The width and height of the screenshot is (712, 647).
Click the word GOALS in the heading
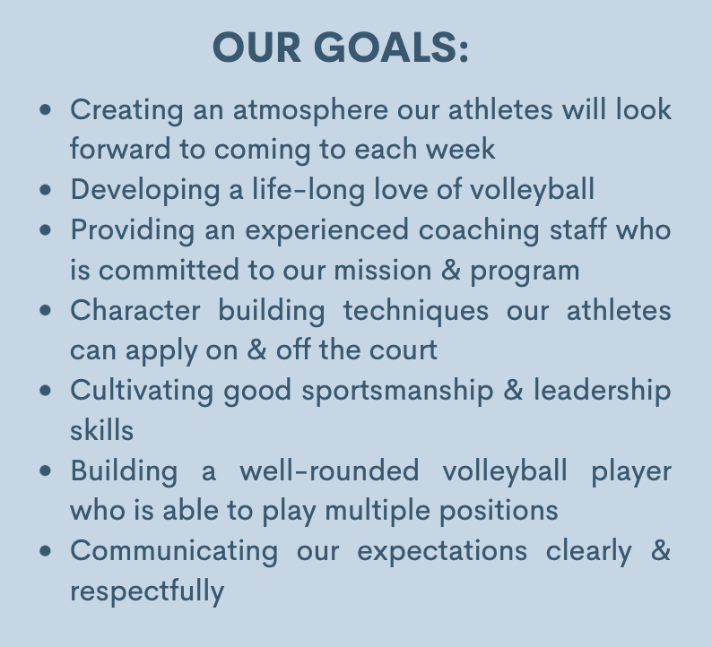391,47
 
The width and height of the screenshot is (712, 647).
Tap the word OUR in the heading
256,47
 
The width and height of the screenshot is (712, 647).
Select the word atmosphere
310,111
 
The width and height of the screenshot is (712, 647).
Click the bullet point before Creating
46,109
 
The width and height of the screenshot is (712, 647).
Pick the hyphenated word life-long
308,190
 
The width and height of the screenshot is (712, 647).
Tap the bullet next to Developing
46,190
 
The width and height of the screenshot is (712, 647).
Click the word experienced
327,231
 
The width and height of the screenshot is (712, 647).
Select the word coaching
479,231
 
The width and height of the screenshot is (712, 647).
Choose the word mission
383,271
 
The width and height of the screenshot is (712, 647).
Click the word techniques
416,311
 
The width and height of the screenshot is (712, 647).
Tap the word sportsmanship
398,391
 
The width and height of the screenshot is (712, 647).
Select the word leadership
602,391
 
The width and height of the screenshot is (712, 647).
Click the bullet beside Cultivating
46,390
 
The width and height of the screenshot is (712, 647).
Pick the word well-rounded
329,470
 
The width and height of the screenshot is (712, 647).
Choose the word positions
499,512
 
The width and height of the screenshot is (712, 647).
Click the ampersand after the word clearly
661,550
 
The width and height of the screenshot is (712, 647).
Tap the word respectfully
147,591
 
